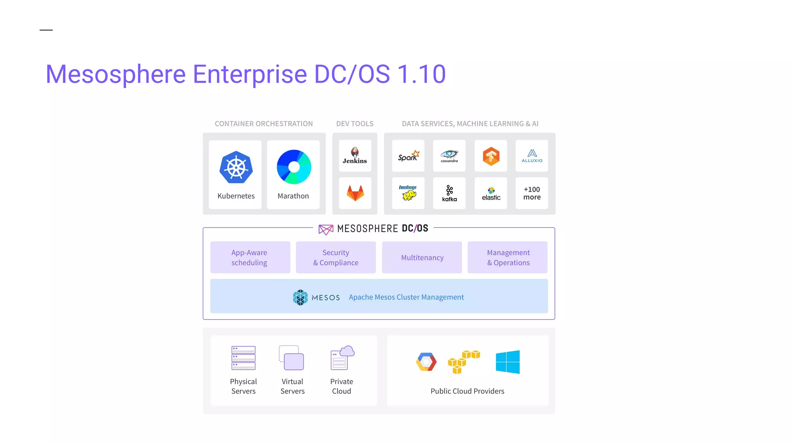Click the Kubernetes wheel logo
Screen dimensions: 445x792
click(236, 167)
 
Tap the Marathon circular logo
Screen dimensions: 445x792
click(294, 167)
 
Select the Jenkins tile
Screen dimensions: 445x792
click(355, 156)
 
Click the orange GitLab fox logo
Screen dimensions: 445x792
click(355, 193)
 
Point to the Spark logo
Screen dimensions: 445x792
click(408, 156)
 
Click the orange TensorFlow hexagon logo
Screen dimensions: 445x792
click(491, 156)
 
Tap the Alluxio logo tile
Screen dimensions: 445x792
click(532, 156)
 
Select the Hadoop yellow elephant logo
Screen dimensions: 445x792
click(408, 193)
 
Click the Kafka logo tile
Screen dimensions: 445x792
click(449, 193)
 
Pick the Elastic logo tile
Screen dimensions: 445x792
click(491, 193)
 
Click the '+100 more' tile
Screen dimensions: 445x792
click(532, 193)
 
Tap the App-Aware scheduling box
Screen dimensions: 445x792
click(250, 257)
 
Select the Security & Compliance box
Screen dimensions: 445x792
click(336, 257)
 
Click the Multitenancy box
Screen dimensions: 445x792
click(422, 257)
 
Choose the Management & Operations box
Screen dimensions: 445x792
click(508, 257)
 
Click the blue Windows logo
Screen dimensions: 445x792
click(508, 362)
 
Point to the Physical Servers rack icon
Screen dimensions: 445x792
click(243, 358)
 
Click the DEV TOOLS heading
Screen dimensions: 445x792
click(355, 124)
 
